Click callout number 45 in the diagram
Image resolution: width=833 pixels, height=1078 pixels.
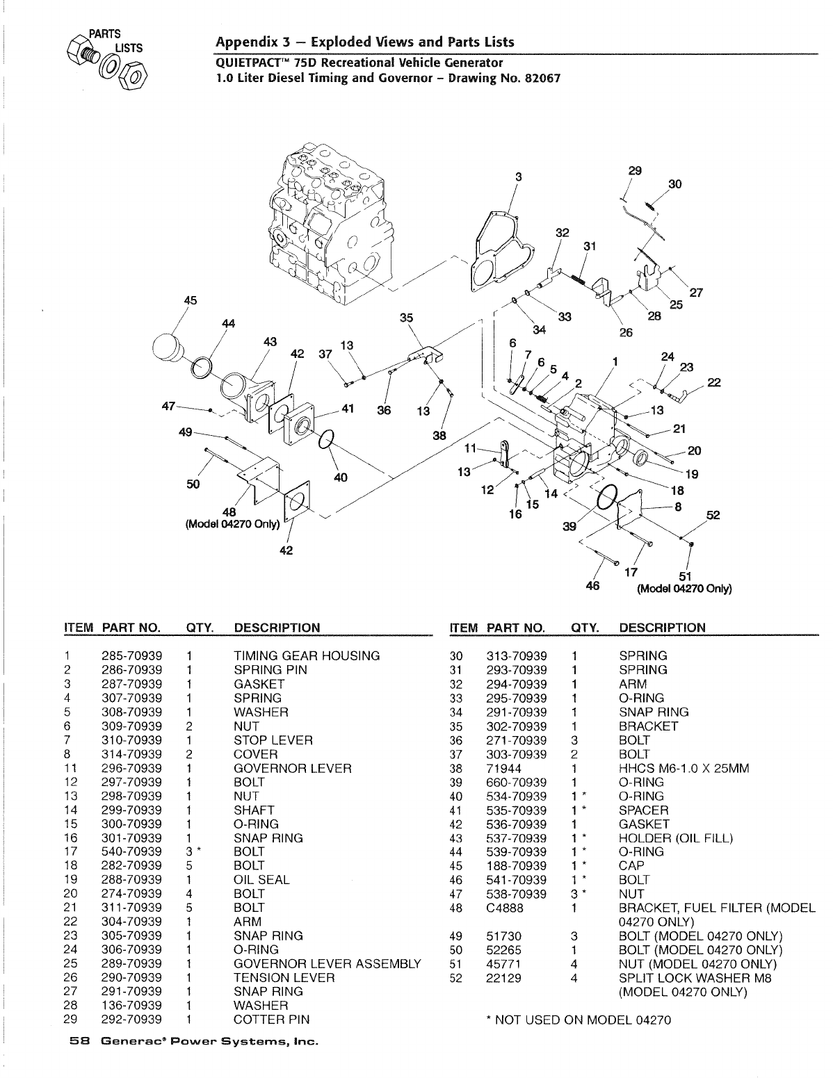(190, 300)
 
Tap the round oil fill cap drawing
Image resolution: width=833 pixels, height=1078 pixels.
(169, 346)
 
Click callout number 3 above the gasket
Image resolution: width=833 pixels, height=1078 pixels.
(518, 177)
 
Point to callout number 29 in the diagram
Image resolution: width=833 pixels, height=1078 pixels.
(634, 170)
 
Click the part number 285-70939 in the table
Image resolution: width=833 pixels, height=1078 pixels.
(132, 655)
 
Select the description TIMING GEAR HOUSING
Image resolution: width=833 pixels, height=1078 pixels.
(307, 655)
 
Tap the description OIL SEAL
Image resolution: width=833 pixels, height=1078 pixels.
(261, 879)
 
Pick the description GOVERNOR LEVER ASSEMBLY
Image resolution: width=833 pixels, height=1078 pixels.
(327, 963)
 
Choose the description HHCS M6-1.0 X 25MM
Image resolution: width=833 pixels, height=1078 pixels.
(684, 768)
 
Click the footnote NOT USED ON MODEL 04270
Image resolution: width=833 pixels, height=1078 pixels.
(579, 1020)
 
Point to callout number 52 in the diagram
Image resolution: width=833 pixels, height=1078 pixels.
(713, 515)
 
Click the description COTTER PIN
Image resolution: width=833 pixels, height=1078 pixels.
(272, 1020)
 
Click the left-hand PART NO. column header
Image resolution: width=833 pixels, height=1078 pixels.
(131, 628)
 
